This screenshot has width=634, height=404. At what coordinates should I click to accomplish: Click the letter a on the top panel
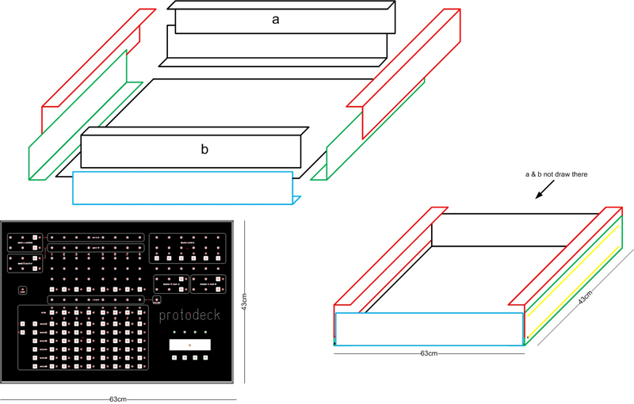coord(275,21)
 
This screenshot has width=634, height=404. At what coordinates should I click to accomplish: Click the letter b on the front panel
coord(204,148)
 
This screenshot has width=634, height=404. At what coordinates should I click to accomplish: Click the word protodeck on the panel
coord(189,315)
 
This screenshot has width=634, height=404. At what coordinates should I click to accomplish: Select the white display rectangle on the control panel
coord(190,345)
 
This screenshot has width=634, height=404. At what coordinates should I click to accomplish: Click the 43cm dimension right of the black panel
coord(243,302)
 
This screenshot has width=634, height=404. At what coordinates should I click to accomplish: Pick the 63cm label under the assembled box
coord(428,353)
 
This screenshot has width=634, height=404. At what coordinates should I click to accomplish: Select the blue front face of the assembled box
coord(428,329)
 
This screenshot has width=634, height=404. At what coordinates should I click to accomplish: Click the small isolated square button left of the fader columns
coord(23,290)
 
